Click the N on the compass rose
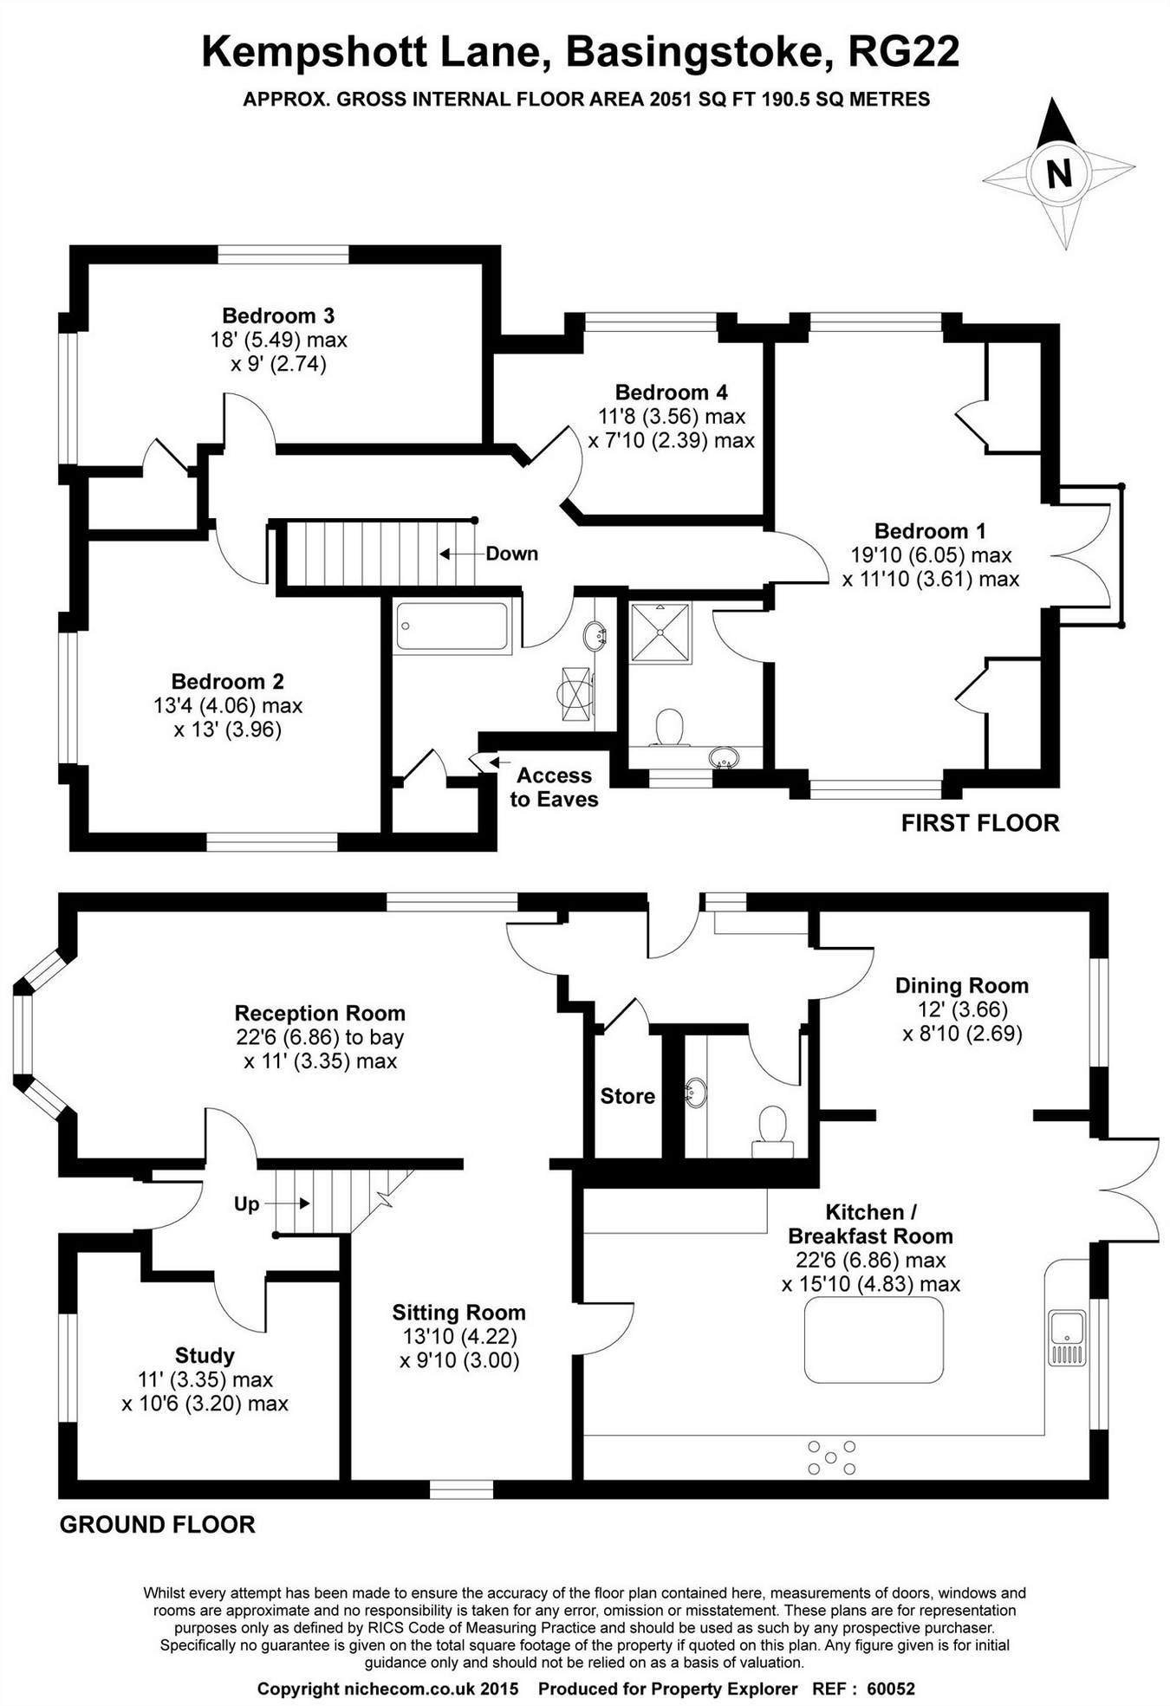click(x=1058, y=173)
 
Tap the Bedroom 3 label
click(x=278, y=315)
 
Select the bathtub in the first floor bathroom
click(x=452, y=626)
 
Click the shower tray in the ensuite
click(x=660, y=633)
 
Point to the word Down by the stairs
click(x=511, y=554)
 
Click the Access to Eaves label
click(x=554, y=787)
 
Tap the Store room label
click(x=627, y=1096)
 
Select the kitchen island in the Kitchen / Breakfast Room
click(x=874, y=1340)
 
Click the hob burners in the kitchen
click(x=831, y=1457)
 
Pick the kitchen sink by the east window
click(x=1067, y=1339)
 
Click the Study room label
click(x=205, y=1355)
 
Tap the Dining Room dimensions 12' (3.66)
click(x=962, y=1009)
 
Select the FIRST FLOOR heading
click(x=979, y=823)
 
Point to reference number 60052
click(x=890, y=1689)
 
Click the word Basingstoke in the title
click(x=693, y=52)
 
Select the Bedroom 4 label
click(x=671, y=392)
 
